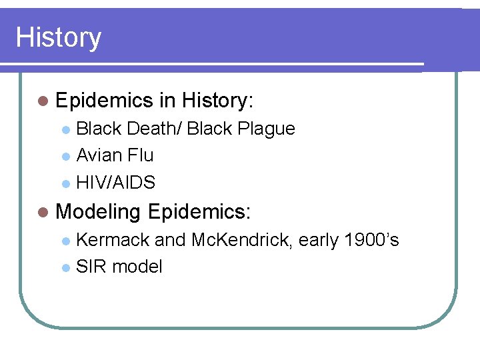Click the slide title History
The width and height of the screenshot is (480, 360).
click(59, 37)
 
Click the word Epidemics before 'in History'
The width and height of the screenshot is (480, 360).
click(105, 101)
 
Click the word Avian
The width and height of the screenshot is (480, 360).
click(97, 155)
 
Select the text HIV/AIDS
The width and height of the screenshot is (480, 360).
click(116, 183)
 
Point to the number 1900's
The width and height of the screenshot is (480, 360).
click(370, 239)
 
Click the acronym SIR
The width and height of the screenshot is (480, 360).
click(91, 267)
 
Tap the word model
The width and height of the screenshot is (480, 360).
click(137, 267)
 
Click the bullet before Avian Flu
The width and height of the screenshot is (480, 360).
click(65, 157)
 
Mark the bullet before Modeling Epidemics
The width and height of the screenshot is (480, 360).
click(43, 213)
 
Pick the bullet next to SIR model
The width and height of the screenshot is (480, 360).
click(65, 268)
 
